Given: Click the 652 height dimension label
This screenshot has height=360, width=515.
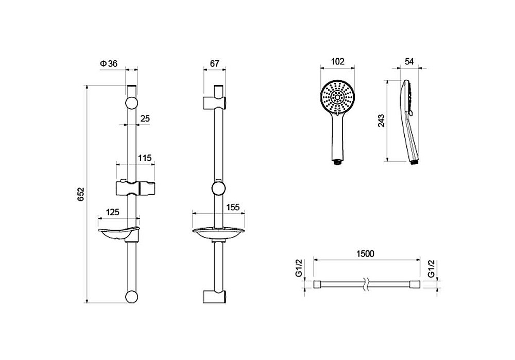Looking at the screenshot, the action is (81, 194).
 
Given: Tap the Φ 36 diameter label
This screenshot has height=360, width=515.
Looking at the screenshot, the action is (109, 63).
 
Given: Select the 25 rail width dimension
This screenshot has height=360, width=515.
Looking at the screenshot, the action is (145, 118).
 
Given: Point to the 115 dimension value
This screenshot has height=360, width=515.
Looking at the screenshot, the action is (145, 158).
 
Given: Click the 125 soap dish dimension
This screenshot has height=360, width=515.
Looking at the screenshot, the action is (112, 212).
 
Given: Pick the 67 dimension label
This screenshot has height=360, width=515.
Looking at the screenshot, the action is (214, 63).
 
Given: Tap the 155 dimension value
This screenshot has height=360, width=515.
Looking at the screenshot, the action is (233, 207).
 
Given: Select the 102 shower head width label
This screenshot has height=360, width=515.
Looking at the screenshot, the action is (338, 61).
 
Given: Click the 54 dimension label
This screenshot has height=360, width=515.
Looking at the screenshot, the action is (409, 61).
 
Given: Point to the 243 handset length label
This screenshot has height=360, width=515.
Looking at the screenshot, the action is (381, 121).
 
